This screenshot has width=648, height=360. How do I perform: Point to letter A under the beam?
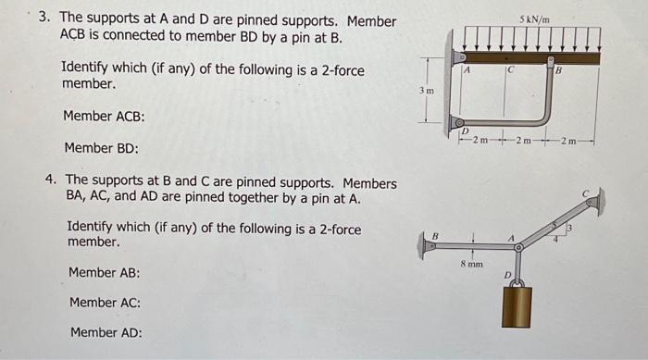[468, 69]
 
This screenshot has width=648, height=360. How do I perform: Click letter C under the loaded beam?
[509, 70]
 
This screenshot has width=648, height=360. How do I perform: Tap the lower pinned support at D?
[456, 122]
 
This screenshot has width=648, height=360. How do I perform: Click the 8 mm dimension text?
[471, 264]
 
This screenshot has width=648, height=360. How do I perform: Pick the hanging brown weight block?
[517, 306]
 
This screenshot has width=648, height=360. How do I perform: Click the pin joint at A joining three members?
[518, 248]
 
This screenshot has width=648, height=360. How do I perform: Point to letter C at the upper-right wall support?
[585, 193]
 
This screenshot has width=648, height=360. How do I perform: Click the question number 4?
[52, 180]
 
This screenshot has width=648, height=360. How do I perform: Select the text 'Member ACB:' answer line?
[103, 117]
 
